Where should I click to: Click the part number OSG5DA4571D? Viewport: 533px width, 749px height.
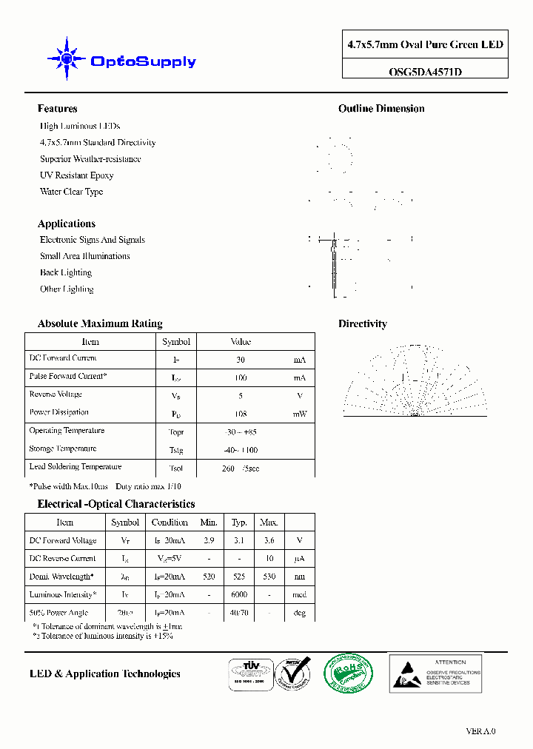tap(425, 72)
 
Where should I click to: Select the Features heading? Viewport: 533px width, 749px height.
tap(57, 109)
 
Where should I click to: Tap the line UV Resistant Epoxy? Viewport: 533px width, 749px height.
tap(76, 175)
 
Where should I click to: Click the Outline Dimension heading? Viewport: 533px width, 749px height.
tap(381, 109)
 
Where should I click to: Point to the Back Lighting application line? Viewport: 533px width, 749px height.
tap(67, 272)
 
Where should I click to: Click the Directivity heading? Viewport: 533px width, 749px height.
tap(363, 323)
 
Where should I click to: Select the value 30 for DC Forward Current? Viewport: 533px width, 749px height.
tap(241, 360)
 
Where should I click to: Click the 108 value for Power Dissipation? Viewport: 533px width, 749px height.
tap(241, 414)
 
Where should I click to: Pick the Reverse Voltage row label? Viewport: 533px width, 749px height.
tap(56, 394)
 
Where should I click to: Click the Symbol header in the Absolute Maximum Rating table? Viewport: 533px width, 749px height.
tap(176, 342)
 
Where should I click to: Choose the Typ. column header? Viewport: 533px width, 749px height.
tap(239, 523)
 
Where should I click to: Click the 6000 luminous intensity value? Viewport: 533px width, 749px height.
tap(239, 594)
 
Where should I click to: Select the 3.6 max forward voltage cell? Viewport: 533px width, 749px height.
tap(269, 541)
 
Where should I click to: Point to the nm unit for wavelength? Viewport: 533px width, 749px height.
tap(299, 577)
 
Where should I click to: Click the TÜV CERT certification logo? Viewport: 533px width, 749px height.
tap(248, 674)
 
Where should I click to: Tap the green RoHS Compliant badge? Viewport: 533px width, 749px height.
tap(348, 673)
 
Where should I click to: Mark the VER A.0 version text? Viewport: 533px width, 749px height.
tap(480, 731)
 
